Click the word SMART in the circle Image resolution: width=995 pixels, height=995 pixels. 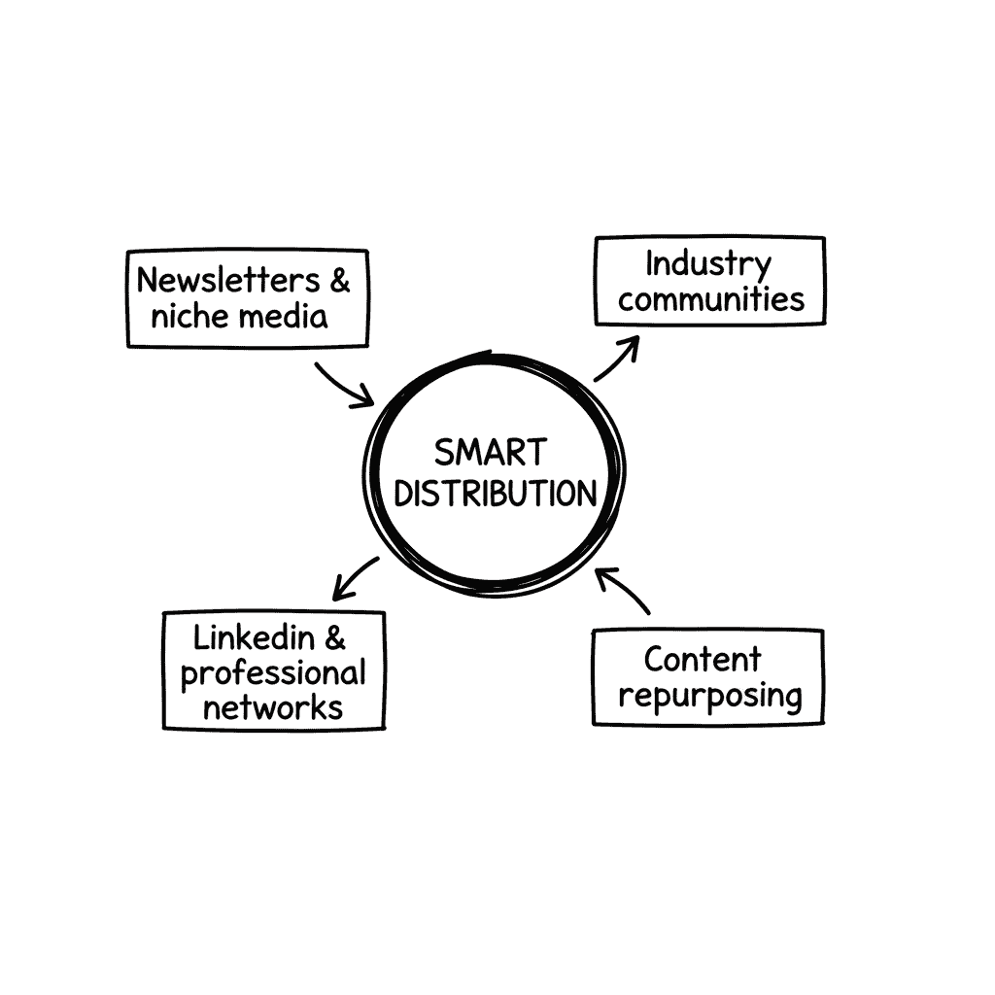point(491,453)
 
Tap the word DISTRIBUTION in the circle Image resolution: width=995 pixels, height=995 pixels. point(495,494)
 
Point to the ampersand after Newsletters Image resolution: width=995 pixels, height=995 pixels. point(339,281)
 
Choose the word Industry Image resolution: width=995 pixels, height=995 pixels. point(708,264)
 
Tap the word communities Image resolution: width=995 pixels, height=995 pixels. point(711,299)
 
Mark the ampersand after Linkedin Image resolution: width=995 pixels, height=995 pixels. point(334,638)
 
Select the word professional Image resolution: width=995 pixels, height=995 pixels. point(273,674)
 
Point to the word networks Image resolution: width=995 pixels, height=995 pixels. point(273,706)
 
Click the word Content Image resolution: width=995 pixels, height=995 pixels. point(702,660)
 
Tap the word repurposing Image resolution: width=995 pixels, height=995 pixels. point(710,696)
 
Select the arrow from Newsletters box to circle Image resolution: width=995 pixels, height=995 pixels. point(344,385)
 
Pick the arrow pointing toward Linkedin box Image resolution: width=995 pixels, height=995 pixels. point(355,577)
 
